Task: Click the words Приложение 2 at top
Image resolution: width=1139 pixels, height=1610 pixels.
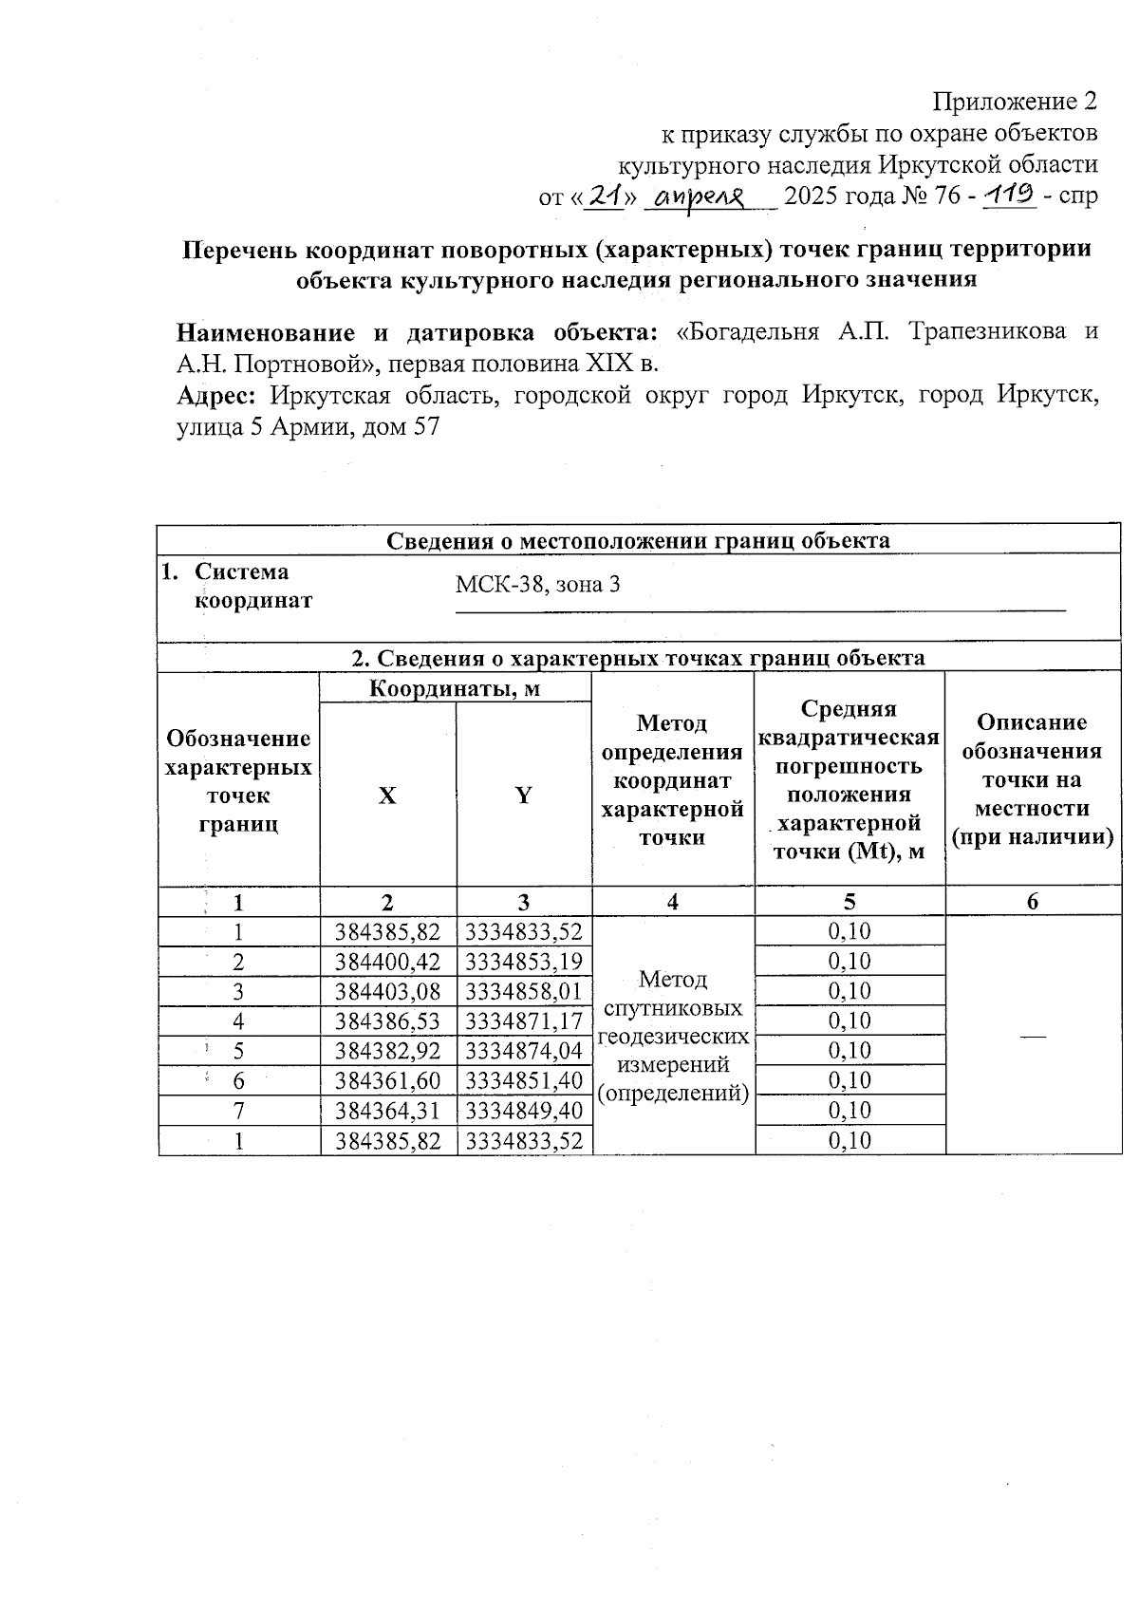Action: [1015, 102]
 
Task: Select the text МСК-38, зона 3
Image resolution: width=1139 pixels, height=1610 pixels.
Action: [537, 584]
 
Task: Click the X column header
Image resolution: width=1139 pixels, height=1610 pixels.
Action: [387, 796]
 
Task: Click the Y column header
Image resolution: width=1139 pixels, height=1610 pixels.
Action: [523, 796]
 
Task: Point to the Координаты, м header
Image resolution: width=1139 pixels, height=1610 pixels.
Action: [455, 688]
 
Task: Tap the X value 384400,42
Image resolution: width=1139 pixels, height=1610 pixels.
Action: [388, 962]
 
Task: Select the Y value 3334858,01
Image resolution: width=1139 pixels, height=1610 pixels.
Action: [524, 991]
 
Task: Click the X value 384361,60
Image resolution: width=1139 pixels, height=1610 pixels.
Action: [388, 1080]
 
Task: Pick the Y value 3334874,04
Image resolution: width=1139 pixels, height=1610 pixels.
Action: [524, 1051]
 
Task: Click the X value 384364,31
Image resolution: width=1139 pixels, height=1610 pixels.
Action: [388, 1111]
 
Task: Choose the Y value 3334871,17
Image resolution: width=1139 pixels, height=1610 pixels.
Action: [524, 1021]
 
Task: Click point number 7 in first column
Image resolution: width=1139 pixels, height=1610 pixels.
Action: [239, 1111]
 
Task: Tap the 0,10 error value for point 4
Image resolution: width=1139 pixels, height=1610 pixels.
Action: [850, 1021]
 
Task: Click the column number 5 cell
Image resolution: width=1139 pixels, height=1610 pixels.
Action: [850, 902]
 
